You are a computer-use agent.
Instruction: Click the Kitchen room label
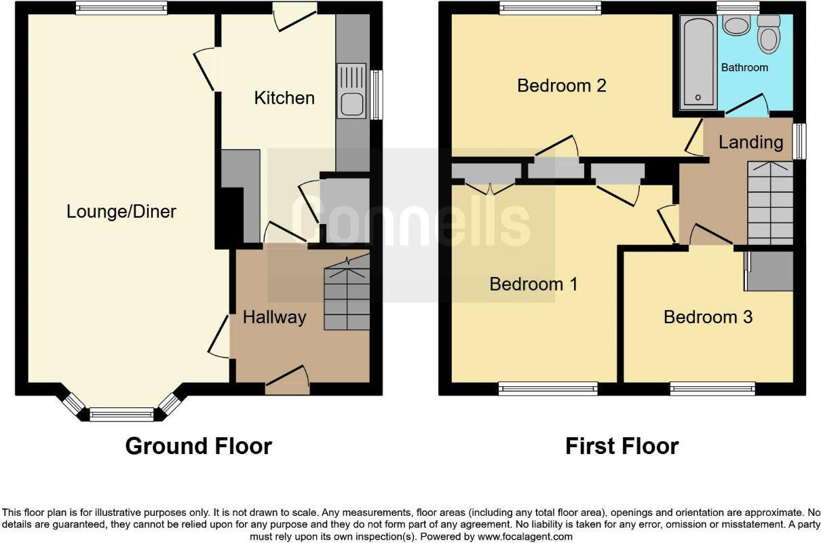(284, 98)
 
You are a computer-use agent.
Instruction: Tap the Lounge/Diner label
(121, 212)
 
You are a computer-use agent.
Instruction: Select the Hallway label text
(274, 317)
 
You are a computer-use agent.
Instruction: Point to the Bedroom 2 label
(561, 86)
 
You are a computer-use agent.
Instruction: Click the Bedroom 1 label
(533, 284)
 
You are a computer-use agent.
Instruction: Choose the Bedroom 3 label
(708, 317)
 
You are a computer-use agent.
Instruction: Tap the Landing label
(750, 142)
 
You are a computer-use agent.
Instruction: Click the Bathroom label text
(744, 68)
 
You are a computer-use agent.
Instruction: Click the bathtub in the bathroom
(698, 62)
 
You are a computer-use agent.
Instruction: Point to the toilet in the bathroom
(768, 35)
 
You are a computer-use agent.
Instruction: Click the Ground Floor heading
(198, 446)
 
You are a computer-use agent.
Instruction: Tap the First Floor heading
(622, 446)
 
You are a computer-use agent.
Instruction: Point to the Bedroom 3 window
(712, 388)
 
